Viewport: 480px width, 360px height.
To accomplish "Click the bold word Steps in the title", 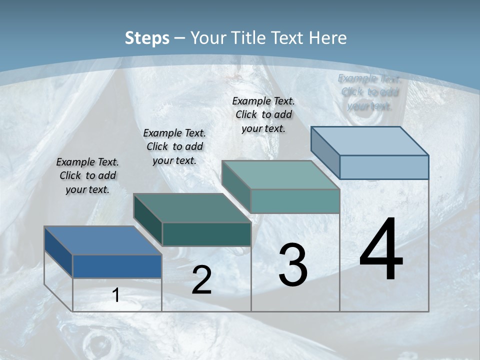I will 147,38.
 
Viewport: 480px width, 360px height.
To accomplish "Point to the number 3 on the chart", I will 293,265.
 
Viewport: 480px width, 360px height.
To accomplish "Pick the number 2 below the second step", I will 201,280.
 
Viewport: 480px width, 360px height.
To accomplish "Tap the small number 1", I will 116,295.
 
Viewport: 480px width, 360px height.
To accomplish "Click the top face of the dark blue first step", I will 102,240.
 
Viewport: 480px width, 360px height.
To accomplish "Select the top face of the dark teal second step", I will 192,208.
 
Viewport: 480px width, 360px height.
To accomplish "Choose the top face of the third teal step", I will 280,175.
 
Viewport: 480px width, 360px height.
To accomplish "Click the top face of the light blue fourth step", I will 369,141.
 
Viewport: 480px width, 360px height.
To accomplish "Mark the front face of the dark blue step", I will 117,266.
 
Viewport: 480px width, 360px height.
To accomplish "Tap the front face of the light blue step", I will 384,167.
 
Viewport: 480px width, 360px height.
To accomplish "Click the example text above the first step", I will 87,175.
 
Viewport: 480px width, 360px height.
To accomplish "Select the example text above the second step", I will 174,146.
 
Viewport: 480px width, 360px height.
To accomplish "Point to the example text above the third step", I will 263,114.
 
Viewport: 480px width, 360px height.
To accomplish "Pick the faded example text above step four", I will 370,92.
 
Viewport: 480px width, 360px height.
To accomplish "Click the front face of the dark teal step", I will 206,234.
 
